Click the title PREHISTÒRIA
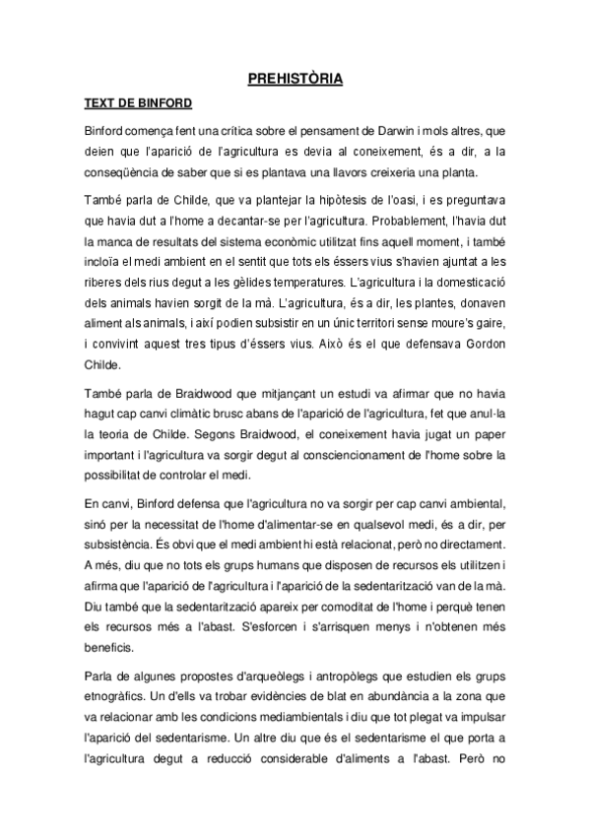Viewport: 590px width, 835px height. pos(295,78)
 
